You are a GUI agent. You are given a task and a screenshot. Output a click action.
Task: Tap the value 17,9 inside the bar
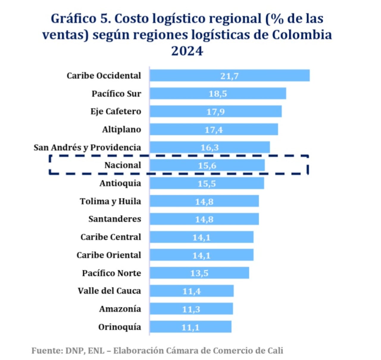coord(216,112)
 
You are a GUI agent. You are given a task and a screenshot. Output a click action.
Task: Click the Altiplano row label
coord(121,130)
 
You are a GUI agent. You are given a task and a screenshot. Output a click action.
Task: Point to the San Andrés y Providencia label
coord(87,147)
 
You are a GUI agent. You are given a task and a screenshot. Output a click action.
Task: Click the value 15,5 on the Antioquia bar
coord(207,183)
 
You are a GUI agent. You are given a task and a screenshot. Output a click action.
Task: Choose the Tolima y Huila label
coord(110,201)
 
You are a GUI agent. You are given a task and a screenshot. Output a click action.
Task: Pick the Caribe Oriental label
coord(109,255)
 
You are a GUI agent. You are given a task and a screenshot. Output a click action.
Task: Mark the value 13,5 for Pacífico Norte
coord(199,273)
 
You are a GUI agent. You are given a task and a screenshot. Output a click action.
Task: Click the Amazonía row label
coord(120,309)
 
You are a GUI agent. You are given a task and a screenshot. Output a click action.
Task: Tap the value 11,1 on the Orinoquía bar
coord(190,327)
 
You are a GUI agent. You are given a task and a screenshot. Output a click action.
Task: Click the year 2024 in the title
coord(187,51)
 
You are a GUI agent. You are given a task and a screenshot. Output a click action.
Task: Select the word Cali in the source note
coord(275,351)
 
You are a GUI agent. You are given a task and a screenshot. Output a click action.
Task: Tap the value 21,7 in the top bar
coord(229,76)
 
